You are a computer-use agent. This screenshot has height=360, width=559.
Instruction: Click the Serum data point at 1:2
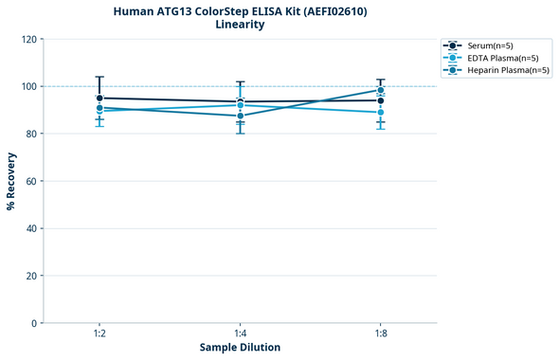[99, 98]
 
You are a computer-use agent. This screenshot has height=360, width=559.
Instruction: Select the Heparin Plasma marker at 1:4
[241, 116]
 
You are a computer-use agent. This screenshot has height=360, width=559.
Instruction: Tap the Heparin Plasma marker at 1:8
[381, 91]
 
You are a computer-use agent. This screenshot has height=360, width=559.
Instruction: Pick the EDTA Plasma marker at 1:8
[381, 113]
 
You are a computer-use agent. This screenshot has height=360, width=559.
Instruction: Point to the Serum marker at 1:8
[381, 100]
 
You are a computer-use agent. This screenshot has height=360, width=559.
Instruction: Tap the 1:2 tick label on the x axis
[99, 334]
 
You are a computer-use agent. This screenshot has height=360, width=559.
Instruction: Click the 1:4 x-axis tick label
[241, 334]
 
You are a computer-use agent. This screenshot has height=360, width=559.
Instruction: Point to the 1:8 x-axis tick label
[381, 334]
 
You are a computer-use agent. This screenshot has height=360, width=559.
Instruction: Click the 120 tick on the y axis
[28, 40]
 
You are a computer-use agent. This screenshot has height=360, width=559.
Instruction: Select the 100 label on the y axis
[28, 87]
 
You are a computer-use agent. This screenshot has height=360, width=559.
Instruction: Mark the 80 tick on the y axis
[31, 134]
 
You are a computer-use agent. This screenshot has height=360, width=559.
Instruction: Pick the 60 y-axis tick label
[31, 181]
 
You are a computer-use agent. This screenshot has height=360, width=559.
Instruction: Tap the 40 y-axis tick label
[31, 228]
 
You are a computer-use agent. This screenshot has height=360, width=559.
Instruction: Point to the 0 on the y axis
[34, 323]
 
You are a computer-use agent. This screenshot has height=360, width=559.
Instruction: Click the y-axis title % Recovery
[11, 181]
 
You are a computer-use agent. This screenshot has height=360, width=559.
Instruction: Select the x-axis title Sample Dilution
[240, 348]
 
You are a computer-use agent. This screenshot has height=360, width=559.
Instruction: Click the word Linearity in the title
[240, 25]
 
